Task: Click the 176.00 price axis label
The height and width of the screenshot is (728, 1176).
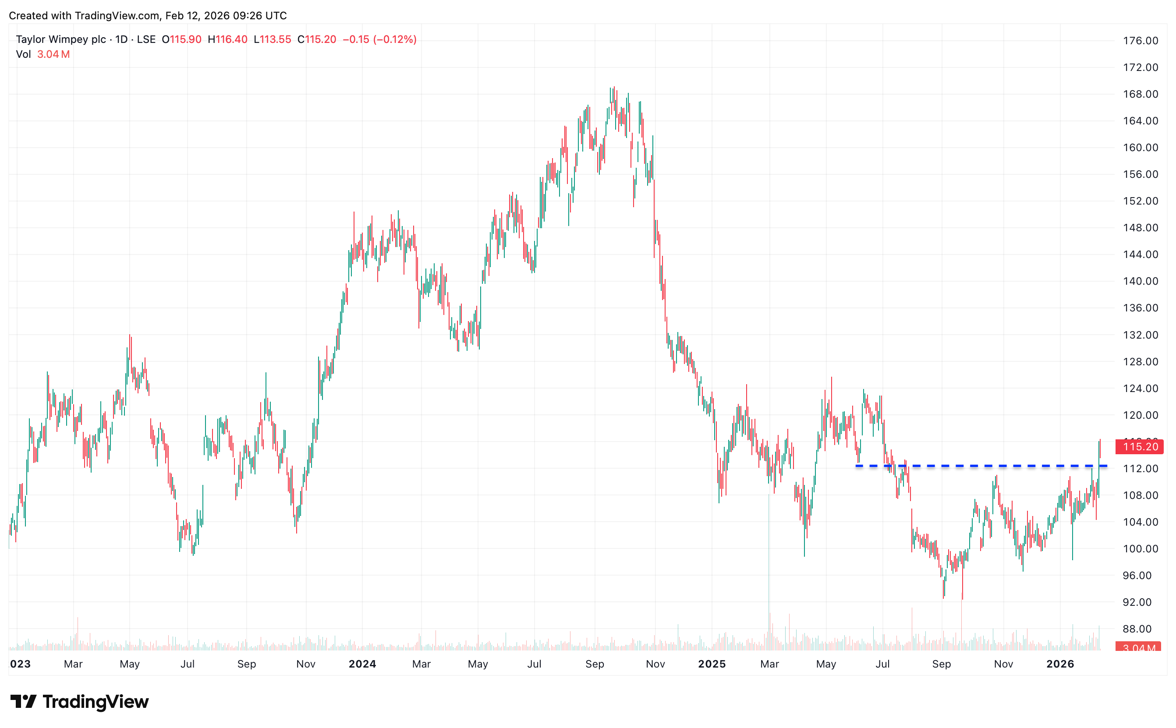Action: (1140, 40)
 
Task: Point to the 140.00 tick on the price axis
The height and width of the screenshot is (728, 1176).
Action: (1140, 281)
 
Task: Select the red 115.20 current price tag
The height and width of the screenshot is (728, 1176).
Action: (1139, 447)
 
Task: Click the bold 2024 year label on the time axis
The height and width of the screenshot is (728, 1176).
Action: (362, 664)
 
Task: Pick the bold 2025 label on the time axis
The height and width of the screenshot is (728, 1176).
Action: (712, 664)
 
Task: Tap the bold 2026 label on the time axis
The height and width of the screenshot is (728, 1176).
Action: (1060, 664)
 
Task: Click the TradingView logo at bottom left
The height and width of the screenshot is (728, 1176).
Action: (79, 702)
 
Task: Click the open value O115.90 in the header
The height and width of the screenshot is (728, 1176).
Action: (181, 39)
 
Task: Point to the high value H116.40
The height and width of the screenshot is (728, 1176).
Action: (227, 39)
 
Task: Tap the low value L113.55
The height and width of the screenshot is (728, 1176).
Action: (272, 39)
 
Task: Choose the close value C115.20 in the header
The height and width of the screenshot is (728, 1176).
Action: (316, 39)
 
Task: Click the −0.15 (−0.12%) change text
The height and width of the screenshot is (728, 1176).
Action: (379, 39)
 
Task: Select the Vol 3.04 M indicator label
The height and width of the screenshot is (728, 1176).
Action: (43, 54)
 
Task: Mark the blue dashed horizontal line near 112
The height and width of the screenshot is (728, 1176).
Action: (982, 466)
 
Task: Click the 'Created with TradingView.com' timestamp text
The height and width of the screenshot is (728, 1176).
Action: (148, 15)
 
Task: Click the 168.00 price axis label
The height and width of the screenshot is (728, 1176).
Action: (1140, 94)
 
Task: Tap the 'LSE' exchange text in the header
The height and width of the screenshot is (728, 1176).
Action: (146, 39)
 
